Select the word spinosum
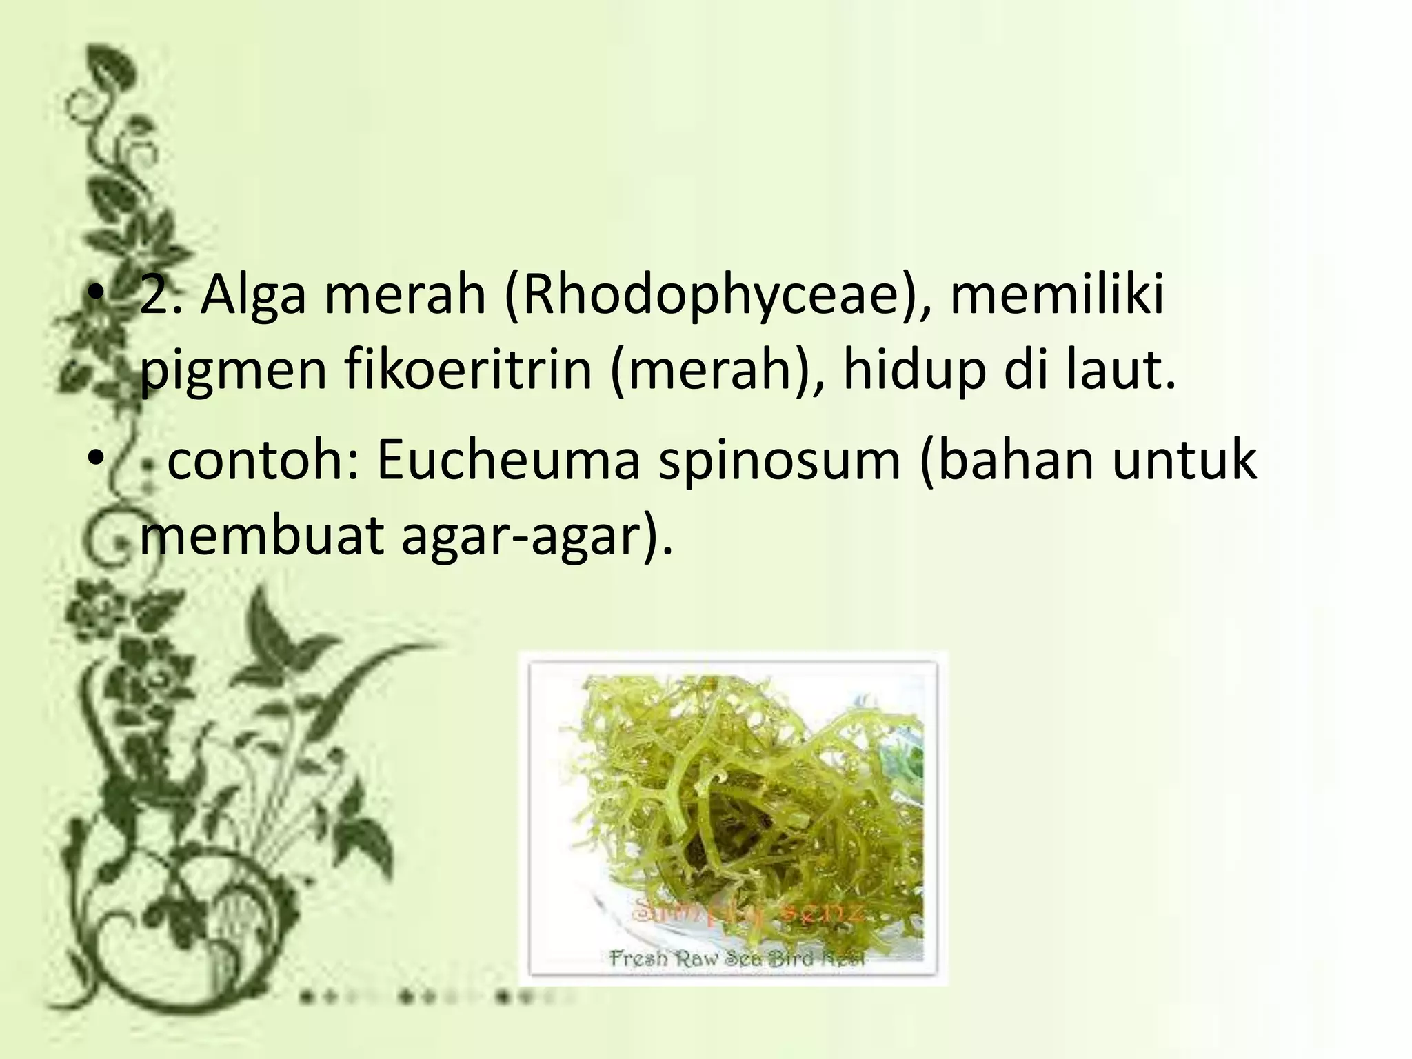coord(779,462)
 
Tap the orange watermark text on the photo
coord(748,914)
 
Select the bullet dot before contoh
coord(94,459)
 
